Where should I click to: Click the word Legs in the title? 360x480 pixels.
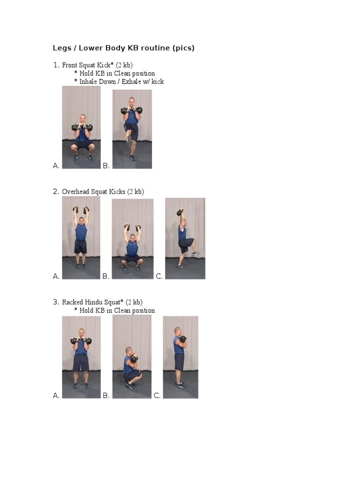coord(62,48)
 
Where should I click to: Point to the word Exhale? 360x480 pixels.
coord(131,82)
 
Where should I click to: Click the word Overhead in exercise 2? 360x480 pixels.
coord(76,192)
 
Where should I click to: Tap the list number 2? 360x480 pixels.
coord(56,192)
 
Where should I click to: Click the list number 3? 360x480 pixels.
coord(56,302)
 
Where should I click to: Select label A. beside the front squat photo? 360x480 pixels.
coord(56,165)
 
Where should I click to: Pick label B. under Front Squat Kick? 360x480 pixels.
coord(106,165)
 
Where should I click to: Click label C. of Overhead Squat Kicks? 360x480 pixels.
coord(159,277)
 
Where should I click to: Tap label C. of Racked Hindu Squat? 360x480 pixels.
coord(157,396)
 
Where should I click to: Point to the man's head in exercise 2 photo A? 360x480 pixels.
coord(81,220)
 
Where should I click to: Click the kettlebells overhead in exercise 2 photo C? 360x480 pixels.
coord(180,212)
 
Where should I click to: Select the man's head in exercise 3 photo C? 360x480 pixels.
coord(177,331)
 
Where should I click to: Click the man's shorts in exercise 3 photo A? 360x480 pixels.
coord(81,362)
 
